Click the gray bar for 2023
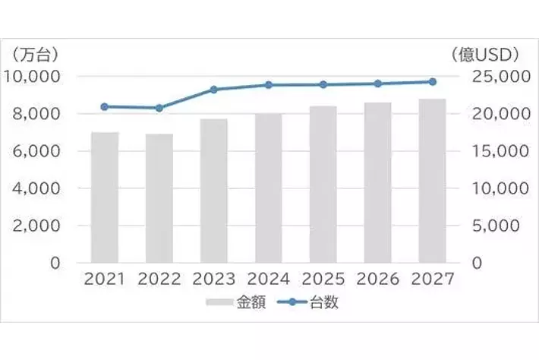click(213, 191)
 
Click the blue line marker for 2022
click(159, 108)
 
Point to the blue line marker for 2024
click(269, 85)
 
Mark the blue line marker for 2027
click(432, 81)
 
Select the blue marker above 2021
click(105, 106)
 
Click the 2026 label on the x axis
click(377, 279)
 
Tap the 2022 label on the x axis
click(159, 279)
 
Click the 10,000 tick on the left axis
click(34, 77)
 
